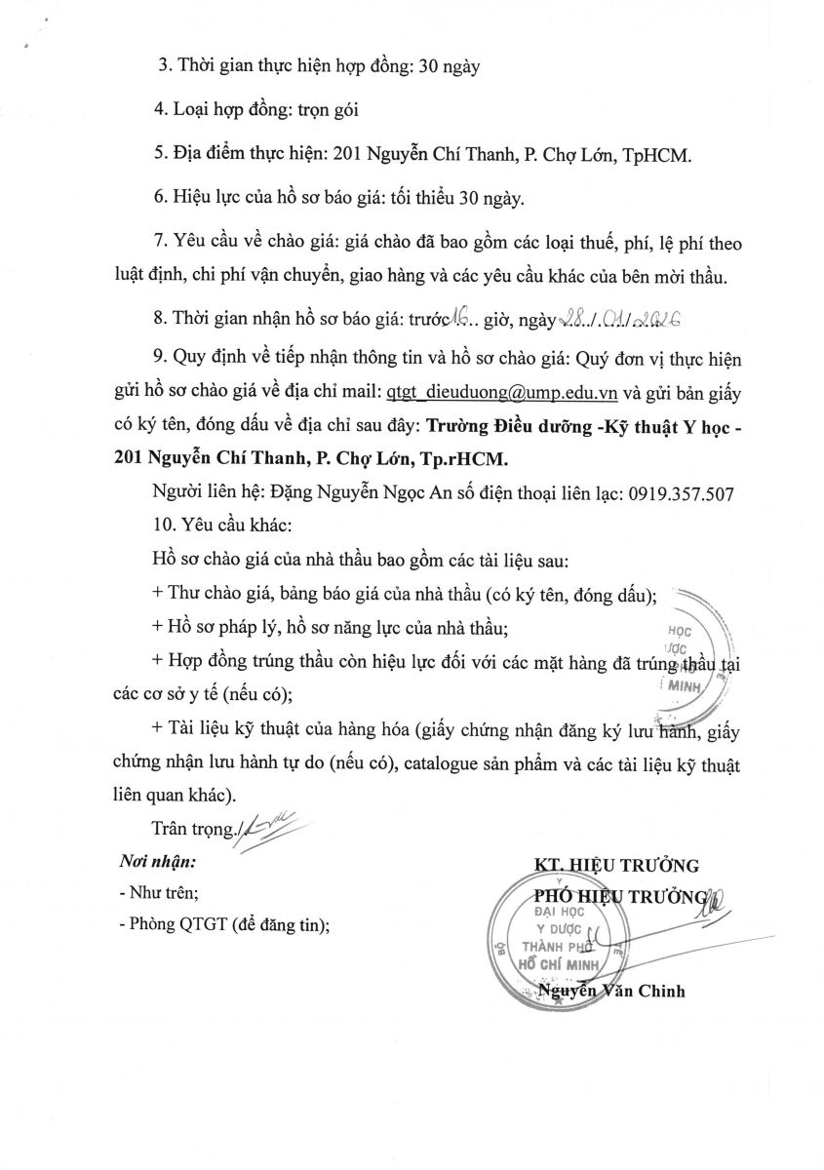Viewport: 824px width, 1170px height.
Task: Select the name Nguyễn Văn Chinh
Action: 611,992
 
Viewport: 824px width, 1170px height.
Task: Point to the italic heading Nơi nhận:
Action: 157,862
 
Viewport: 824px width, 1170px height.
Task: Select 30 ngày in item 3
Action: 450,67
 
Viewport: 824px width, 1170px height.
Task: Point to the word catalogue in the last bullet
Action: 468,765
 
